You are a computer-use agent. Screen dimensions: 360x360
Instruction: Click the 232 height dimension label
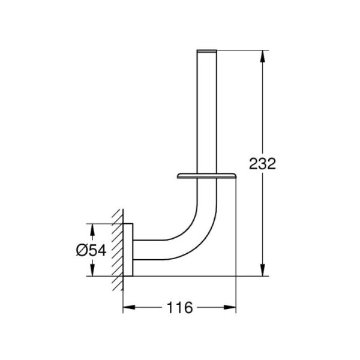262,164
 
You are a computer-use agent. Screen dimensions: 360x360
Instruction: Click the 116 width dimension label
179,307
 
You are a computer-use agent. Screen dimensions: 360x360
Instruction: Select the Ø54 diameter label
91,250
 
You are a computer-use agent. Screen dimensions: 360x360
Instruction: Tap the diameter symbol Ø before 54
82,250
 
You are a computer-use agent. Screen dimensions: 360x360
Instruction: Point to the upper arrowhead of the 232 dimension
263,56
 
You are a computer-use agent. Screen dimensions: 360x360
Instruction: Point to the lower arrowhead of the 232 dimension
263,270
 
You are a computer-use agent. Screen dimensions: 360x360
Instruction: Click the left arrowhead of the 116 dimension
129,307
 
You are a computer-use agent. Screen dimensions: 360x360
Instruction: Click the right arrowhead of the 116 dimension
230,307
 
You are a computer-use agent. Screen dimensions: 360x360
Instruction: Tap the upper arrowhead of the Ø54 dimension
92,230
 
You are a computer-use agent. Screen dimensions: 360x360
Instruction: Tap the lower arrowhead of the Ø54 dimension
92,270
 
